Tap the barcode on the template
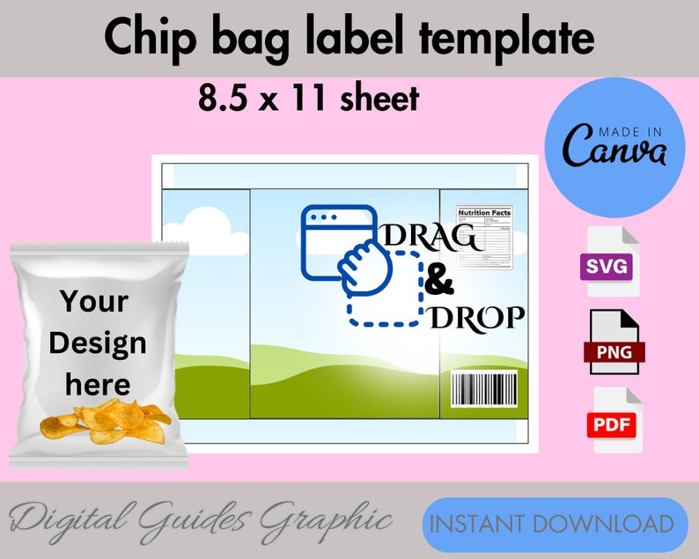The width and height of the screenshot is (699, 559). pyautogui.click(x=483, y=388)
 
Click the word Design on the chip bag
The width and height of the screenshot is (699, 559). pyautogui.click(x=98, y=342)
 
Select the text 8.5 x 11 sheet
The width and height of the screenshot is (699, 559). pyautogui.click(x=308, y=99)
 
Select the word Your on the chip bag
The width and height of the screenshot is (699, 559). pyautogui.click(x=94, y=302)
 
